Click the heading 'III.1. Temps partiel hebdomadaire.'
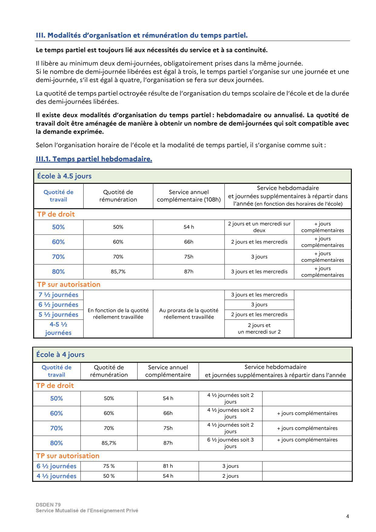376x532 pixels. [x=94, y=159]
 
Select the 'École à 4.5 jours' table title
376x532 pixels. [x=64, y=176]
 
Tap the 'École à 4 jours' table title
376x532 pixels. [x=60, y=354]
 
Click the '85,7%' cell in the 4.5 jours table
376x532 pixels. [x=118, y=272]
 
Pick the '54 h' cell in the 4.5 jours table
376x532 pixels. [x=188, y=227]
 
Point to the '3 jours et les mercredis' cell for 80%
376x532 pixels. [x=259, y=272]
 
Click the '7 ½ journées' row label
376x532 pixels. [x=58, y=295]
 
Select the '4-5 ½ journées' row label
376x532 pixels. [x=58, y=329]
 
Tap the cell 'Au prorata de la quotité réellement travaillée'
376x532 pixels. [x=188, y=314]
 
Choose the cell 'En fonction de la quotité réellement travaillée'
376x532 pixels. [x=118, y=314]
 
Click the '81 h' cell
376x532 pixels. [x=168, y=466]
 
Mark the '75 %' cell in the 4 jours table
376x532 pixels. [x=109, y=466]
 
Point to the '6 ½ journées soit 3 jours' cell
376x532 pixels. [x=230, y=443]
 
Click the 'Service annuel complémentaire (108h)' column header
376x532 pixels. [x=188, y=196]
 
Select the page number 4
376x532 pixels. [x=348, y=517]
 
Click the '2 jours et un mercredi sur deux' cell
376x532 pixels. [x=259, y=227]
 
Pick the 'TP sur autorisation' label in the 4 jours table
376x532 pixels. [x=68, y=456]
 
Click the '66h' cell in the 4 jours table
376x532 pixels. [x=168, y=413]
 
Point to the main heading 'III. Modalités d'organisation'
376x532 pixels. [x=142, y=35]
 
